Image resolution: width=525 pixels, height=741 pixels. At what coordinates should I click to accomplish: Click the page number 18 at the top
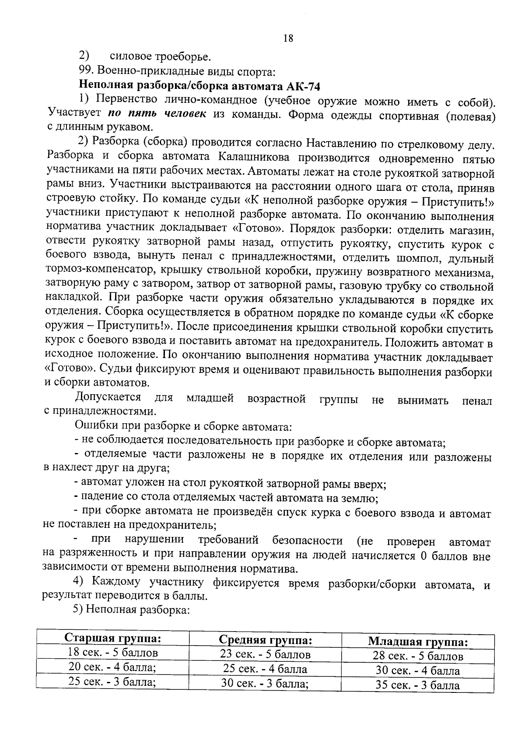coord(288,38)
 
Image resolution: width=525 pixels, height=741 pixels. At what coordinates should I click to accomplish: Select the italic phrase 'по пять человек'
coord(157,113)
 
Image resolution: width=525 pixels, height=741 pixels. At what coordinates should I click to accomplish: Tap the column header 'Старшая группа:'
coord(113,638)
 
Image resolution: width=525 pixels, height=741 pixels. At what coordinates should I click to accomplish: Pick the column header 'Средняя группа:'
coord(265,640)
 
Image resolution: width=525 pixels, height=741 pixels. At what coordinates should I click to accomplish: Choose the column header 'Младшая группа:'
coord(418,642)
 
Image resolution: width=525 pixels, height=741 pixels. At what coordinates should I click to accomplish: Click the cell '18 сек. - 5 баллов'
coord(113,653)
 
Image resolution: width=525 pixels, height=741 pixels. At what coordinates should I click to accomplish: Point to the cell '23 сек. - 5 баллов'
coord(265,654)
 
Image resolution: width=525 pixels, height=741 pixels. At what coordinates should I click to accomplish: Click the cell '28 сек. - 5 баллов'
coord(418,656)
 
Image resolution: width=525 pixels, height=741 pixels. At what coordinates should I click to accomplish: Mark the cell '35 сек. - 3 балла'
coord(418,685)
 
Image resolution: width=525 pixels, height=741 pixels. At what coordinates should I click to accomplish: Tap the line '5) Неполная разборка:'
coord(131,610)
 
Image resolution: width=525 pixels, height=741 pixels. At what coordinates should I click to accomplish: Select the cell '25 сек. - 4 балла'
coord(265,669)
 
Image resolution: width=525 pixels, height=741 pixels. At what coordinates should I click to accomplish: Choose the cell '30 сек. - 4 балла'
coord(418,671)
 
